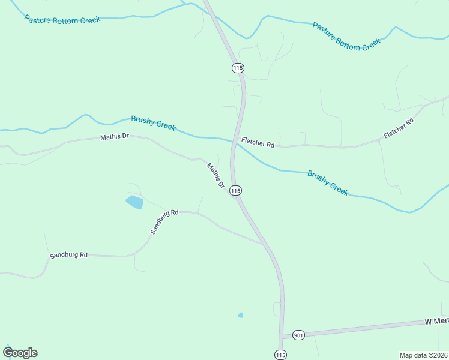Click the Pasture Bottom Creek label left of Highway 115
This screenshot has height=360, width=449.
coord(62,20)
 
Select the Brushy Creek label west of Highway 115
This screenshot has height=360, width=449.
coord(153,123)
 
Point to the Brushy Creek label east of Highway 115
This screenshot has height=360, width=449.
coord(328,182)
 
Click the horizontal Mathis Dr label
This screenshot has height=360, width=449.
coord(114,137)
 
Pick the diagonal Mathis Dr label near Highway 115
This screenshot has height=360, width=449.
coord(215,176)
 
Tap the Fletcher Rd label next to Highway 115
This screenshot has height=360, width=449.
coord(258,144)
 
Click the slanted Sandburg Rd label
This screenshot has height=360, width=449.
coord(164,221)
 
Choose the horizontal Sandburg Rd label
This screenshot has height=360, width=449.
coord(68,255)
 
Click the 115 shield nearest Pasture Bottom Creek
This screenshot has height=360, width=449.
coord(238,68)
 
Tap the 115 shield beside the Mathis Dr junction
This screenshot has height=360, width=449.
coord(235,190)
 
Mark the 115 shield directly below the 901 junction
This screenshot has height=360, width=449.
coord(280,355)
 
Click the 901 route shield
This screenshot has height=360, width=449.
coord(298,334)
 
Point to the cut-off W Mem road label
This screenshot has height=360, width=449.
coord(436,322)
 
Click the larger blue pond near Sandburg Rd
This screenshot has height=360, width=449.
coord(134,202)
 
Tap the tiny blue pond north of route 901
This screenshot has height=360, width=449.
coord(240,315)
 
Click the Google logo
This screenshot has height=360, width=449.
coord(20,353)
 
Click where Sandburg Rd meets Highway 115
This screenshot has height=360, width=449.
coord(264,244)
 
